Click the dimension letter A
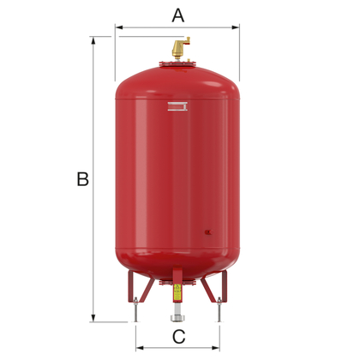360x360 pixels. click(x=178, y=15)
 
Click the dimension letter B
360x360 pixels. click(x=82, y=179)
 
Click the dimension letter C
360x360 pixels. click(x=178, y=336)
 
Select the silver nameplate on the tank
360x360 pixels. click(x=177, y=106)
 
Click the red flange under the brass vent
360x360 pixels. click(x=178, y=64)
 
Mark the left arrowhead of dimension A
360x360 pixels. click(x=118, y=27)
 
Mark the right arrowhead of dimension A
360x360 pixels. click(x=237, y=27)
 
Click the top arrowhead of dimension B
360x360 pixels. click(x=93, y=39)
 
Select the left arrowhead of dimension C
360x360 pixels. click(x=138, y=349)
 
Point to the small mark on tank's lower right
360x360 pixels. click(x=208, y=230)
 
